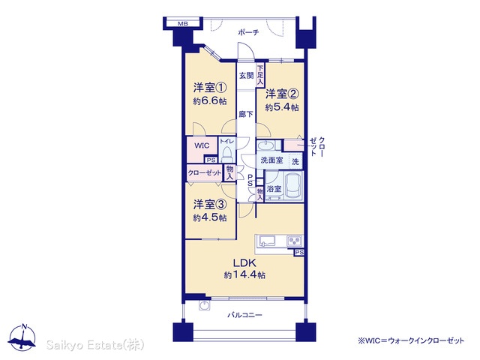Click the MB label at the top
[x=183, y=23]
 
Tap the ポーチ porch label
[x=248, y=32]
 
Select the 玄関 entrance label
[x=246, y=75]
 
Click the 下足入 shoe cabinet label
[x=260, y=75]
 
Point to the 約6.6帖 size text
[x=210, y=101]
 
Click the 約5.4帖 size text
[x=282, y=107]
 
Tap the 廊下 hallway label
[x=246, y=114]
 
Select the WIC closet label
[x=202, y=145]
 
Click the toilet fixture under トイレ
[x=226, y=154]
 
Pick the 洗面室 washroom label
[x=271, y=160]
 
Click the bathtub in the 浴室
[x=293, y=185]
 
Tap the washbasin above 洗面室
[x=266, y=145]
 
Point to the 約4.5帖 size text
[x=210, y=217]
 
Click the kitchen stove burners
[x=295, y=241]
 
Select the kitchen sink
[x=267, y=241]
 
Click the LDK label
[x=244, y=262]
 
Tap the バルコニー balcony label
[x=244, y=315]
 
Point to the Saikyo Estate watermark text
[x=95, y=345]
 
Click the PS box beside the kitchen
[x=299, y=253]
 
